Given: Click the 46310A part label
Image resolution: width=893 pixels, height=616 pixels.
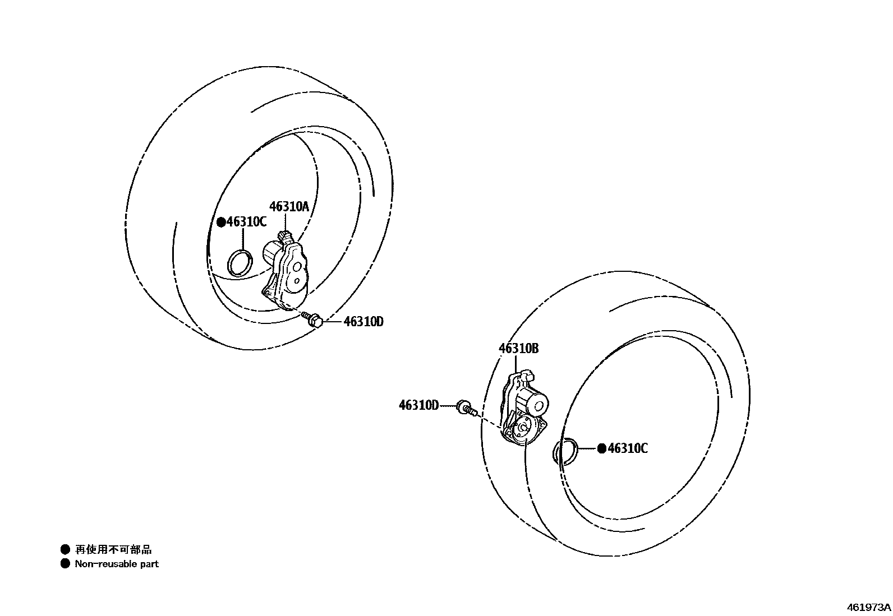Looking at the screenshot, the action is (289, 207).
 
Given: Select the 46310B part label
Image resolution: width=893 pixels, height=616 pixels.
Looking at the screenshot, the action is (518, 349).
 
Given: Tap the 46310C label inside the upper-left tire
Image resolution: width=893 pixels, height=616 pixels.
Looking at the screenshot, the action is (246, 222).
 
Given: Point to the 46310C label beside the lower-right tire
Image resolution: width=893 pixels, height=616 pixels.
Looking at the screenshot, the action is (628, 448).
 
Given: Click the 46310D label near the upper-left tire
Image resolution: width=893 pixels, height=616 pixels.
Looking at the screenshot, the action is (363, 322).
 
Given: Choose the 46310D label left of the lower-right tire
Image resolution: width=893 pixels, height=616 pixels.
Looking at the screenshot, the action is (418, 406).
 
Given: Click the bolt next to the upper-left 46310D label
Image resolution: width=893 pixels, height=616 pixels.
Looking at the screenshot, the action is (312, 319).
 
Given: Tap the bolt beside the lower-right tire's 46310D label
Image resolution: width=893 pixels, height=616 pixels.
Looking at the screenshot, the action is (467, 407).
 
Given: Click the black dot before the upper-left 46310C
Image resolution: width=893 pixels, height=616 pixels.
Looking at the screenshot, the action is (221, 222).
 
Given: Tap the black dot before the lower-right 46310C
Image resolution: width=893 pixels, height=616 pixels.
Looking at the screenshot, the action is (602, 448).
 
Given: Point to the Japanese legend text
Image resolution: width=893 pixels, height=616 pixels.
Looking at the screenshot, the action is (113, 550).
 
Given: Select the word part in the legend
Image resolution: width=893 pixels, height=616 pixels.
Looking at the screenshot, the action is (150, 564).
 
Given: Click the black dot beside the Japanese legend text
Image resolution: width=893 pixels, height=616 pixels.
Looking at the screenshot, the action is (66, 550).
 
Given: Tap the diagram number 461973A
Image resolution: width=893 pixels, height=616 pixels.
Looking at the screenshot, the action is (868, 607).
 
